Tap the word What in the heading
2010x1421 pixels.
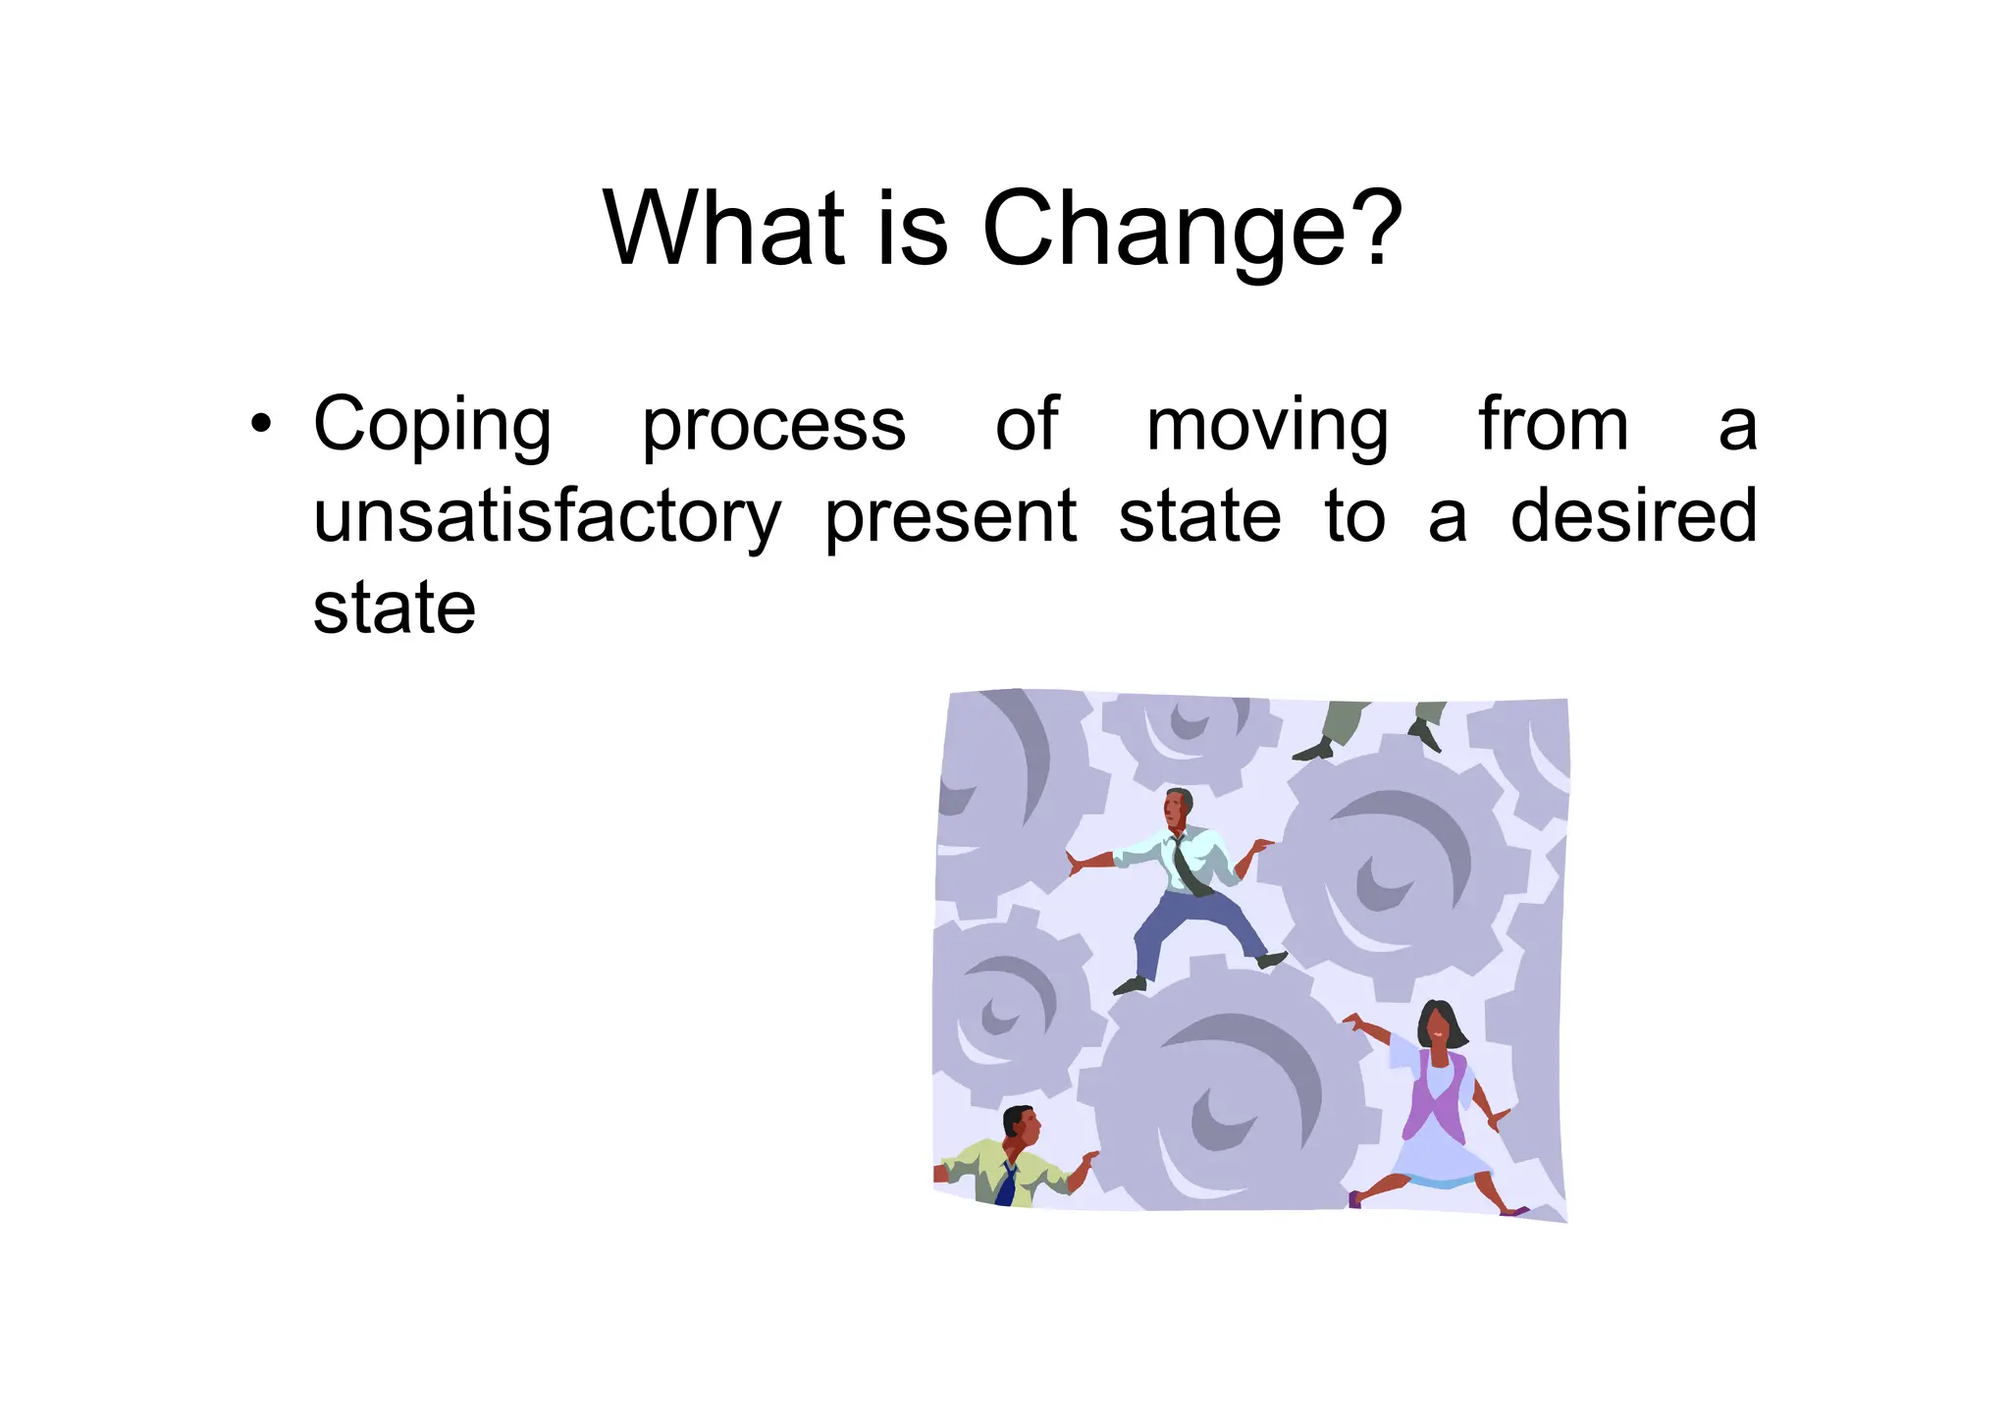pyautogui.click(x=724, y=228)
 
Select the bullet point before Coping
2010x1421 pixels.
pyautogui.click(x=260, y=424)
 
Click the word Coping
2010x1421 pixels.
pyautogui.click(x=432, y=426)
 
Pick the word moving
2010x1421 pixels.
pyautogui.click(x=1267, y=426)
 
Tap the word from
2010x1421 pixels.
pyautogui.click(x=1553, y=424)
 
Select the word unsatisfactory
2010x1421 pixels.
pyautogui.click(x=547, y=517)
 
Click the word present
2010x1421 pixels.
pyautogui.click(x=950, y=517)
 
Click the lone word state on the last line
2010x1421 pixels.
pyautogui.click(x=395, y=607)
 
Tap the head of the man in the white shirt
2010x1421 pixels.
pyautogui.click(x=1177, y=808)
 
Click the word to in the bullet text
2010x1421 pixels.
pyautogui.click(x=1354, y=517)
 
